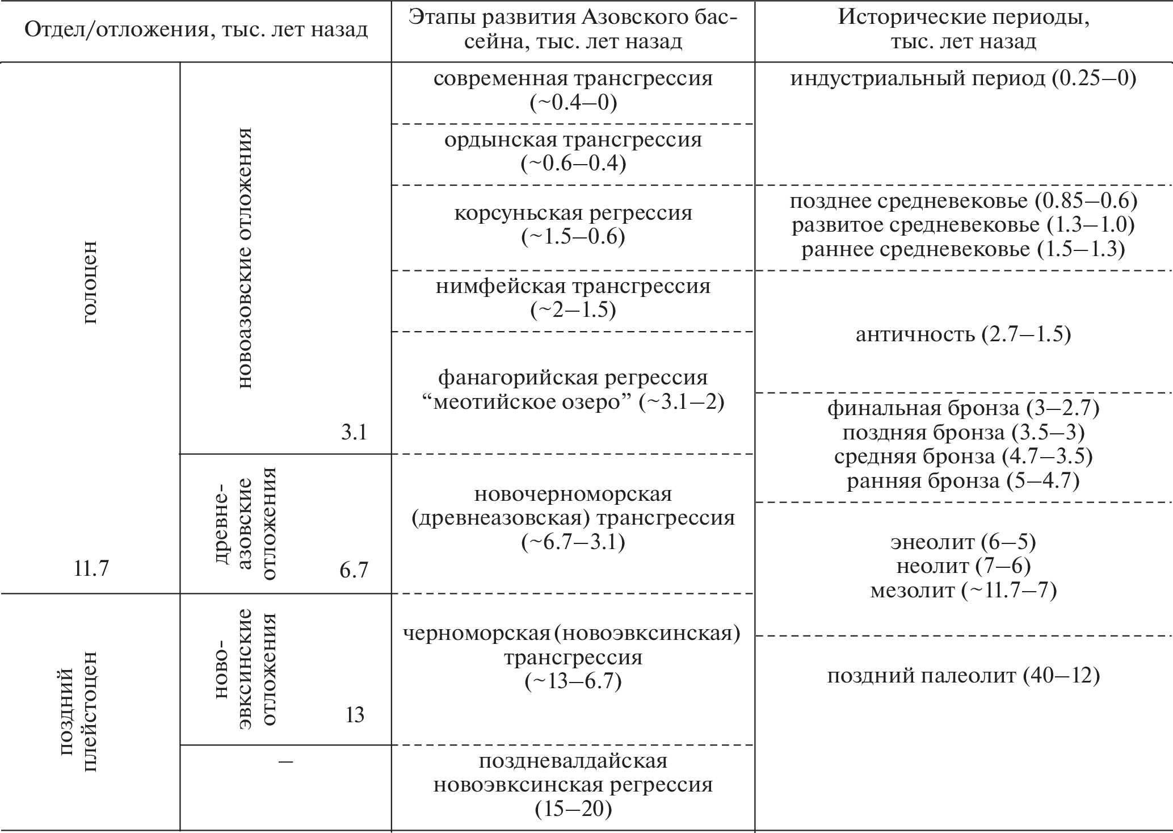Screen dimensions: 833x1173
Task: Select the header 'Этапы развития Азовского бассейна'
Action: [x=573, y=30]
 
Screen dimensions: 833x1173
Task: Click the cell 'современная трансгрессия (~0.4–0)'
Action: [x=573, y=90]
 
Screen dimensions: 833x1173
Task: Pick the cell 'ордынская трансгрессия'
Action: [x=573, y=152]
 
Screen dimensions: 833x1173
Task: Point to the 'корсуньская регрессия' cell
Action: [x=573, y=225]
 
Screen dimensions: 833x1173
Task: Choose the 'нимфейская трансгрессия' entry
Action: [x=573, y=298]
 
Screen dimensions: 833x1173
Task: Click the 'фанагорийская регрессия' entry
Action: [x=573, y=390]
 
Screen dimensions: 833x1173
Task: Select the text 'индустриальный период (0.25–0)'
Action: [x=963, y=78]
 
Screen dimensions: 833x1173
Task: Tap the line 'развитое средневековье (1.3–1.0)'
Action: [x=963, y=225]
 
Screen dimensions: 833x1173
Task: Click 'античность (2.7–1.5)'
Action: [x=963, y=334]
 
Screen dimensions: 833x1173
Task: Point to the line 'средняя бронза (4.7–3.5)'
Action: [x=963, y=456]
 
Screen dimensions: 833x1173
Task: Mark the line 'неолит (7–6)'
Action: [x=963, y=566]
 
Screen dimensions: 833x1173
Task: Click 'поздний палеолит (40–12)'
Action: [x=963, y=676]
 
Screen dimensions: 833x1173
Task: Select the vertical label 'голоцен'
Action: [x=90, y=282]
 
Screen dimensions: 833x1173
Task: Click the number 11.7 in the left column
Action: [x=91, y=568]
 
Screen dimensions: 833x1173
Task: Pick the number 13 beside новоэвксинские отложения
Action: [x=355, y=715]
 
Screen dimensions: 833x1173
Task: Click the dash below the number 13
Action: [x=285, y=761]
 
